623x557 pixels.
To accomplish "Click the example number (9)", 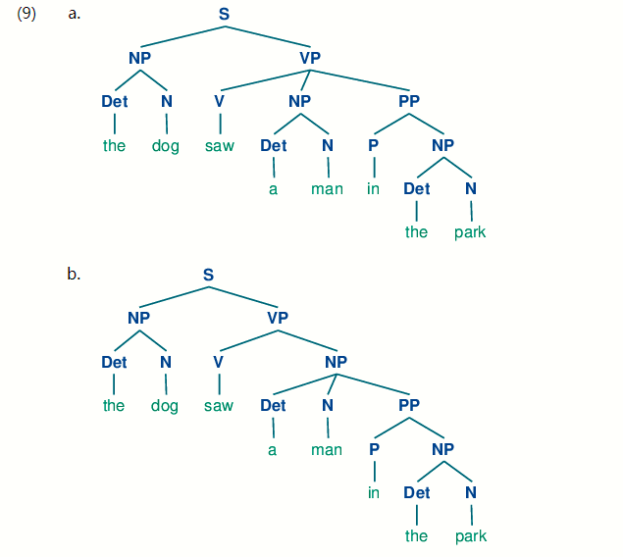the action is (26, 15).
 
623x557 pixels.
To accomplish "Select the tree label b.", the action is (74, 274).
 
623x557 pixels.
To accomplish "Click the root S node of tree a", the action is (224, 15).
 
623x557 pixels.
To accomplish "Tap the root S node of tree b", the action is (208, 275).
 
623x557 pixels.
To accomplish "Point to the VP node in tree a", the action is (310, 58).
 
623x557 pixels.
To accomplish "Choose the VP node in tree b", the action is (278, 318).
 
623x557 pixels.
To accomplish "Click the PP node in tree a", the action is (409, 101).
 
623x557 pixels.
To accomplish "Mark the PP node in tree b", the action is (409, 405).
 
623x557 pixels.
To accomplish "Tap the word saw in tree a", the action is (219, 146).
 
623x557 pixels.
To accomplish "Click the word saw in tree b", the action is (219, 405).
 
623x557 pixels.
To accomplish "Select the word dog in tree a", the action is (166, 146).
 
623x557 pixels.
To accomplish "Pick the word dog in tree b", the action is (165, 405).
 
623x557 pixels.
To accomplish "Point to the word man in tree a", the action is (327, 188).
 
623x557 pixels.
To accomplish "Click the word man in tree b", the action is (327, 449).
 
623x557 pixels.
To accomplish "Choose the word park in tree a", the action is (470, 232).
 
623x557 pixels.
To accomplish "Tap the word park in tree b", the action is (471, 536).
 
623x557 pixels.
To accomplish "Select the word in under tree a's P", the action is (373, 188).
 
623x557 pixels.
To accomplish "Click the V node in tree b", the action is (219, 362).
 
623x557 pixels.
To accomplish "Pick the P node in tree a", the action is (373, 145).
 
